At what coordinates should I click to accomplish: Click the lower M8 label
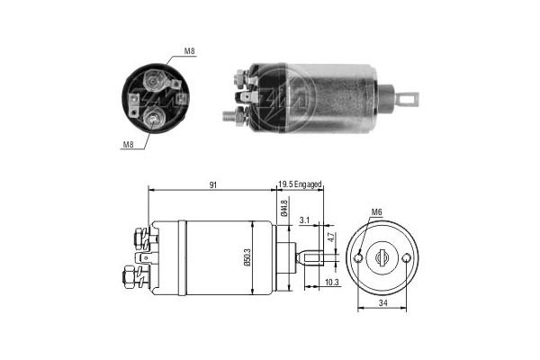[129, 143]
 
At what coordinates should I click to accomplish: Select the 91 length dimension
[213, 185]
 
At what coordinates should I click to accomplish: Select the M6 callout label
[376, 213]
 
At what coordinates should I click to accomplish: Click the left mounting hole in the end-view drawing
[359, 257]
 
